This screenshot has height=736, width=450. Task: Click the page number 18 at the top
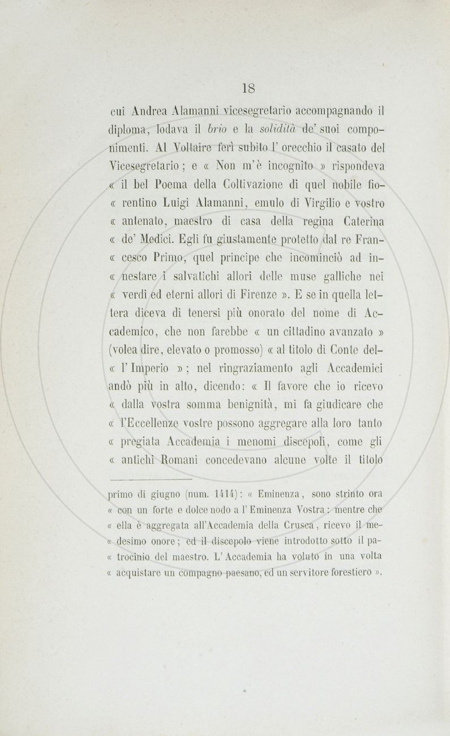(x=248, y=88)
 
